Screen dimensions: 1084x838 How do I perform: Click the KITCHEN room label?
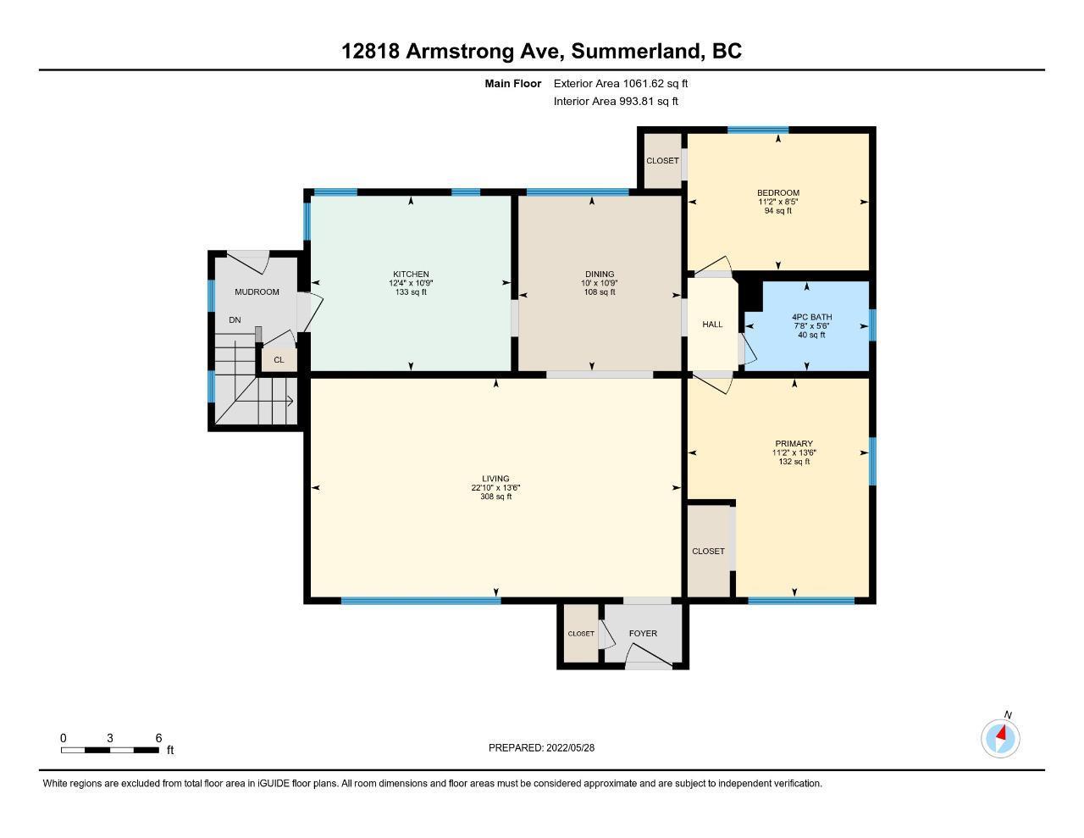pyautogui.click(x=411, y=274)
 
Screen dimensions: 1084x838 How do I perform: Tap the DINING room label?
pyautogui.click(x=599, y=274)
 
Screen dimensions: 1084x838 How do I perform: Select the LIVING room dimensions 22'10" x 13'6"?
pyautogui.click(x=495, y=487)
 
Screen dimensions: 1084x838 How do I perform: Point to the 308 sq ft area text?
pyautogui.click(x=495, y=497)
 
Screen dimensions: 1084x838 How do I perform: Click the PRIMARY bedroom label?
pyautogui.click(x=794, y=443)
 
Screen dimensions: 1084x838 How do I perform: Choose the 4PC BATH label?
pyautogui.click(x=811, y=317)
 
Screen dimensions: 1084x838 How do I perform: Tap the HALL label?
pyautogui.click(x=712, y=325)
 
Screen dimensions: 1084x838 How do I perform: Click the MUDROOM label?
pyautogui.click(x=257, y=292)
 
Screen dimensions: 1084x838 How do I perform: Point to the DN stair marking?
pyautogui.click(x=235, y=320)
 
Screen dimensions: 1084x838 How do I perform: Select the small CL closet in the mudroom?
pyautogui.click(x=279, y=360)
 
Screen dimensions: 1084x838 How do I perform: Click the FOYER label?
pyautogui.click(x=643, y=633)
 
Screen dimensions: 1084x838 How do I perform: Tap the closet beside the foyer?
pyautogui.click(x=581, y=633)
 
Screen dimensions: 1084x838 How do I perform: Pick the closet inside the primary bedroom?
pyautogui.click(x=708, y=551)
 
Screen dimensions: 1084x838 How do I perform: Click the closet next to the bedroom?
pyautogui.click(x=662, y=161)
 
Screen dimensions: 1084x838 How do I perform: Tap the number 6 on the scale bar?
pyautogui.click(x=158, y=738)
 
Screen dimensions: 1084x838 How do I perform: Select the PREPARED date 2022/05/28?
pyautogui.click(x=570, y=747)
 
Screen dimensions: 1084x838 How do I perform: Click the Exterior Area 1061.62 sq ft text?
pyautogui.click(x=621, y=83)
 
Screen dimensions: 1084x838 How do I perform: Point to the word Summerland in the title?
pyautogui.click(x=636, y=52)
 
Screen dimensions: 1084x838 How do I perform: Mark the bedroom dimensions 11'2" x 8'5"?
pyautogui.click(x=778, y=202)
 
